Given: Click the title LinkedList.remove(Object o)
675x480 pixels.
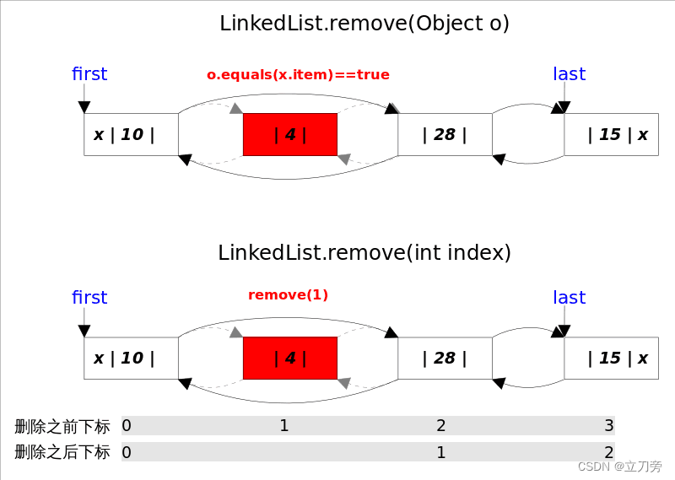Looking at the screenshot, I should pos(364,24).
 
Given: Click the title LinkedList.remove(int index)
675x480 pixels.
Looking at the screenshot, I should pos(364,252).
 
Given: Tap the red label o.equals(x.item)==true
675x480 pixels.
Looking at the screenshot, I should pos(298,75).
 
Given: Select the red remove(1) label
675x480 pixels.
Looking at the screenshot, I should pos(288,295).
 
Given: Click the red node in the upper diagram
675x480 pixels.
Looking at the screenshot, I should pos(289,134).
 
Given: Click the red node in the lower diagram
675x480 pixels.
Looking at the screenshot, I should pos(289,358).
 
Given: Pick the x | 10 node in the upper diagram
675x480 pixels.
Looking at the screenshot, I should pos(131,134).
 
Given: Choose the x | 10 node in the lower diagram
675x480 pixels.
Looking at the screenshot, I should pos(131,358).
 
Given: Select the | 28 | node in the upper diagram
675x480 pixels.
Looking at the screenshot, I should pos(445,134).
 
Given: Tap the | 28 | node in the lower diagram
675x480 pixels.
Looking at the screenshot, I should pos(445,358).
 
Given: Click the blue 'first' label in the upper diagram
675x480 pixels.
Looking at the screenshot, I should pos(89,74).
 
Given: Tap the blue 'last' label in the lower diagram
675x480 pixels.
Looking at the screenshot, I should pos(569,298).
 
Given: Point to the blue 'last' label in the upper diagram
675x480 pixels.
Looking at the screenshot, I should pos(569,74).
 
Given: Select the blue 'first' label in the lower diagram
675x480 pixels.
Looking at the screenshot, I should pos(89,298).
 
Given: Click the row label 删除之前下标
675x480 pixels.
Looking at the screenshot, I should pos(62,426).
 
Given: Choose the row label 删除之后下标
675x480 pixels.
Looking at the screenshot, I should pos(62,452).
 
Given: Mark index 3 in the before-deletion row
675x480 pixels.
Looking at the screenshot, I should pos(608,425).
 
